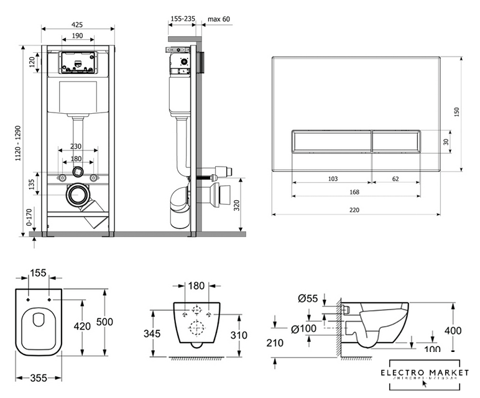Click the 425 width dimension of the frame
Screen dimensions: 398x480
[x=78, y=24]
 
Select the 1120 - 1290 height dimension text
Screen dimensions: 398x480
[x=25, y=141]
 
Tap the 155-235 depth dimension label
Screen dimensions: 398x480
[x=182, y=19]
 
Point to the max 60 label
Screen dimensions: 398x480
[x=218, y=19]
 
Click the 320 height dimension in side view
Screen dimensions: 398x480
[x=237, y=205]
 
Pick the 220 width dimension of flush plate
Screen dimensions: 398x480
[x=354, y=210]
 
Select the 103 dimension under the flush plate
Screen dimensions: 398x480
[x=333, y=179]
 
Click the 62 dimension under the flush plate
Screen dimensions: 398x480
[x=395, y=179]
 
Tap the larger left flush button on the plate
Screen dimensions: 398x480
[x=331, y=141]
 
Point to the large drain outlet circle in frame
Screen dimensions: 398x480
[x=78, y=195]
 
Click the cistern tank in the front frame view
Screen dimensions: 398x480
[x=78, y=98]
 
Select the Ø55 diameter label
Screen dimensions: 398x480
[x=308, y=298]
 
